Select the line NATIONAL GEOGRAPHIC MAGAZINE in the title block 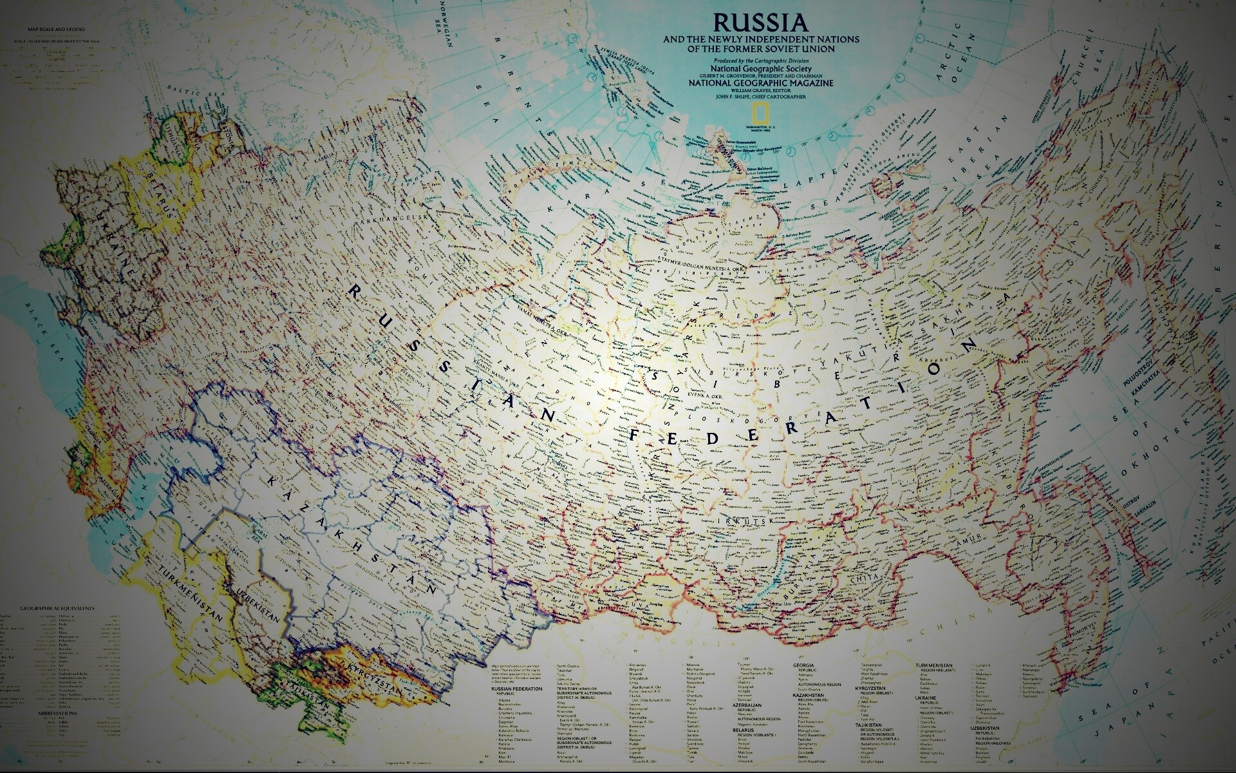click(x=761, y=83)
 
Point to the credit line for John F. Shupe click(x=761, y=97)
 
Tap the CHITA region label click(x=860, y=580)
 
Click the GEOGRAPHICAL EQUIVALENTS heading click(x=57, y=608)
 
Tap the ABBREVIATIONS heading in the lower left click(x=57, y=714)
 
